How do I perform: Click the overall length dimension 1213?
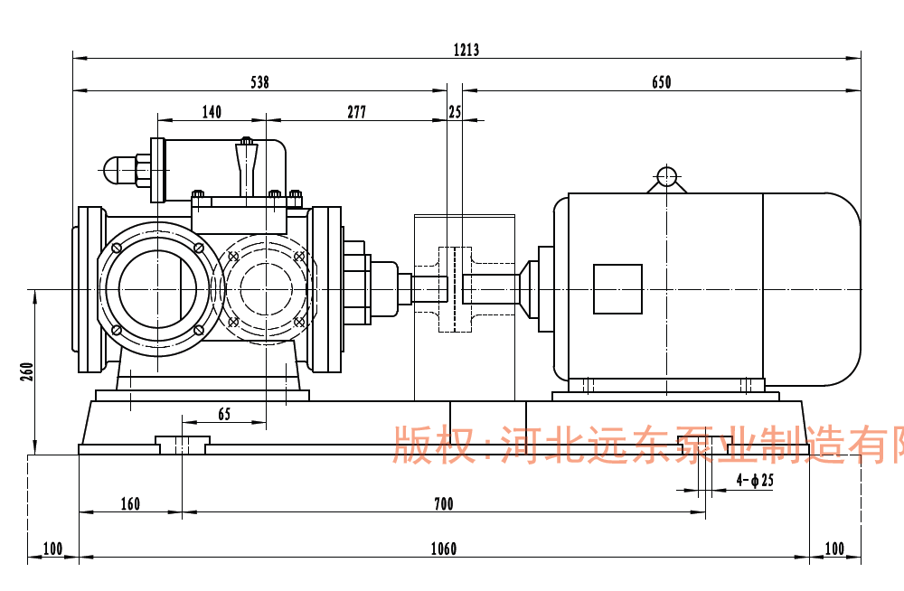(x=466, y=50)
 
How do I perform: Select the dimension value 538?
(x=259, y=82)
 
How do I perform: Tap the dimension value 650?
(x=662, y=82)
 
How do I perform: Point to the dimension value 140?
(x=212, y=112)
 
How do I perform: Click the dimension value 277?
(x=356, y=112)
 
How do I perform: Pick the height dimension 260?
(x=26, y=371)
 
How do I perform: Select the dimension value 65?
(x=224, y=414)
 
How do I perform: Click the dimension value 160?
(x=130, y=504)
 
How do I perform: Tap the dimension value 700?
(x=443, y=504)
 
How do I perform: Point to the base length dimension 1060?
(x=443, y=549)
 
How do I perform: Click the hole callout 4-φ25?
(x=755, y=481)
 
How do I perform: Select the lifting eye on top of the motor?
(x=666, y=176)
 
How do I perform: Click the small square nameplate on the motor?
(x=617, y=289)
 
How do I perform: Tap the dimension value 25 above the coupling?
(x=454, y=112)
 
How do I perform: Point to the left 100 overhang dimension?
(x=52, y=549)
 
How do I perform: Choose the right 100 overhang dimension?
(x=833, y=549)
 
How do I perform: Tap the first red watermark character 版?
(x=410, y=445)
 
